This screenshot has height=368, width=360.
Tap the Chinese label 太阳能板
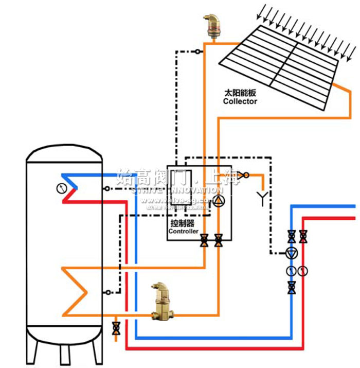click(240, 94)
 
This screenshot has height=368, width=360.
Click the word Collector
click(240, 101)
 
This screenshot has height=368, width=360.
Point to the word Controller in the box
click(184, 232)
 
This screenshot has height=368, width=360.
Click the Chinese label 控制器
click(183, 223)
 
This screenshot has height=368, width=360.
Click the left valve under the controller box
click(205, 240)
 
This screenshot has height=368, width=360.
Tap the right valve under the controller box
click(219, 240)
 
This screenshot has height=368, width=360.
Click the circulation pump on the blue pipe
click(292, 253)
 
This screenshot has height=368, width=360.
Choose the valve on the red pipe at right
click(303, 236)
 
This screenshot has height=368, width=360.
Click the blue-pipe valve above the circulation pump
click(292, 236)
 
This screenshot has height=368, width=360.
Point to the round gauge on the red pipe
click(303, 270)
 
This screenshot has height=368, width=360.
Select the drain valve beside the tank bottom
click(116, 327)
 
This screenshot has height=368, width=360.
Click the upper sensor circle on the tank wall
click(106, 188)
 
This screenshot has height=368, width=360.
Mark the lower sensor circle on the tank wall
click(106, 292)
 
